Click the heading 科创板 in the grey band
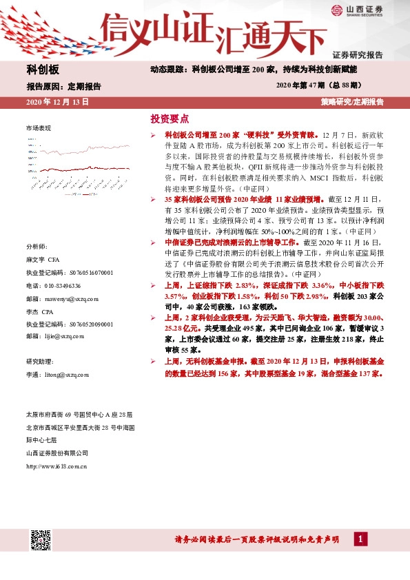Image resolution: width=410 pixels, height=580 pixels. pyautogui.click(x=43, y=70)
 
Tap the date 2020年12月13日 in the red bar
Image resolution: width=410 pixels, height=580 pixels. pyautogui.click(x=57, y=101)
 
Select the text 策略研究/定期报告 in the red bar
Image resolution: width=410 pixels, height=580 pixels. pyautogui.click(x=351, y=101)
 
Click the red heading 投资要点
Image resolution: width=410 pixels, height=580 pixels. pyautogui.click(x=170, y=118)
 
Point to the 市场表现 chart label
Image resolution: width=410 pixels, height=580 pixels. pyautogui.click(x=39, y=129)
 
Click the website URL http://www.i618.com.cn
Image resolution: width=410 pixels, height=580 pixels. pyautogui.click(x=56, y=466)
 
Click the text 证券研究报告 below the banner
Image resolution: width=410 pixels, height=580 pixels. pyautogui.click(x=357, y=54)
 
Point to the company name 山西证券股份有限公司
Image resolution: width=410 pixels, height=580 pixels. pyautogui.click(x=57, y=453)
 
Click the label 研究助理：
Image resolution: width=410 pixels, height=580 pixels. pyautogui.click(x=39, y=362)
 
